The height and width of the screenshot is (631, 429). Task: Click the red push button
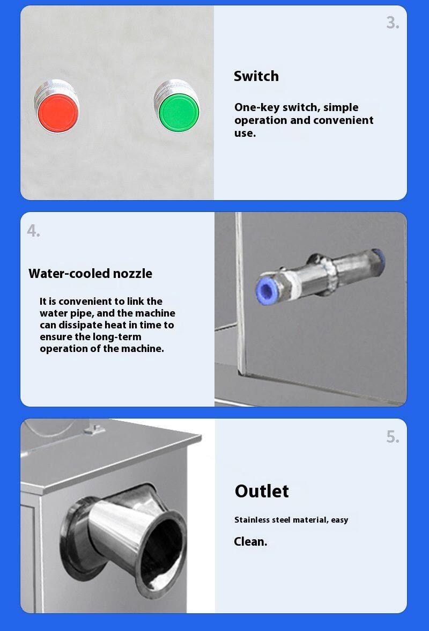pyautogui.click(x=57, y=113)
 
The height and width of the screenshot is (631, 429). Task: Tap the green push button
pyautogui.click(x=179, y=112)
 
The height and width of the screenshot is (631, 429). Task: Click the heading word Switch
pyautogui.click(x=256, y=76)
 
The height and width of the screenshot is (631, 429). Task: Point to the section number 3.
pyautogui.click(x=393, y=23)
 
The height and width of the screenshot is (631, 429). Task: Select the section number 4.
pyautogui.click(x=33, y=231)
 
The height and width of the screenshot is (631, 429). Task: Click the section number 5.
pyautogui.click(x=393, y=437)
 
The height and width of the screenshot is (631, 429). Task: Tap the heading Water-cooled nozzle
pyautogui.click(x=91, y=274)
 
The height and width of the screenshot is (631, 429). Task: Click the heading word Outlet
pyautogui.click(x=262, y=491)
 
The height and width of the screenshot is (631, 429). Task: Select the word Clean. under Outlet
pyautogui.click(x=250, y=542)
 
